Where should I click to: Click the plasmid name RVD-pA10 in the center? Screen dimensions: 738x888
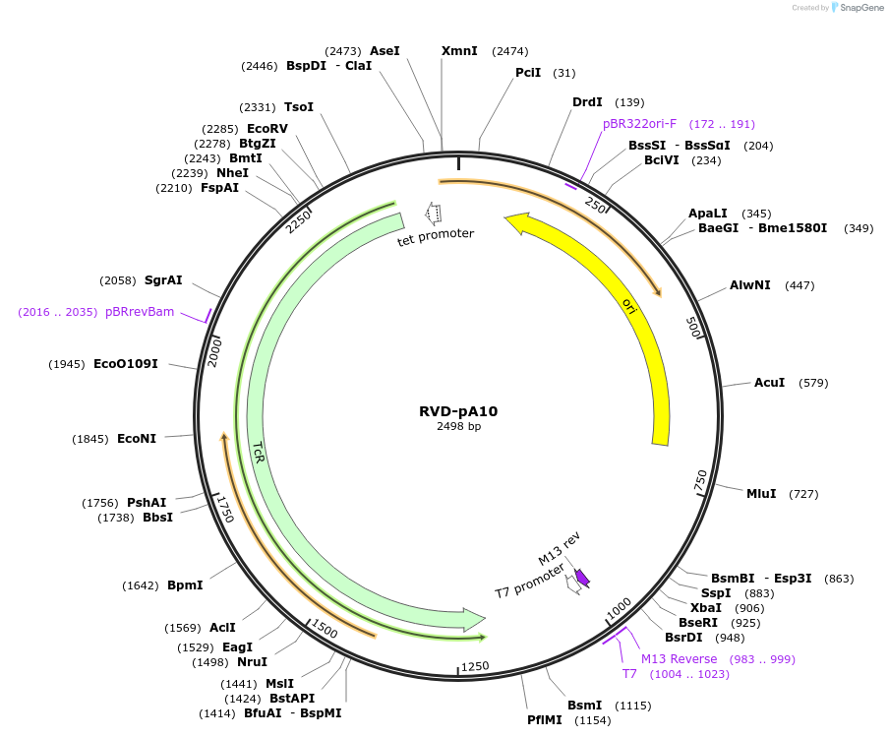(458, 411)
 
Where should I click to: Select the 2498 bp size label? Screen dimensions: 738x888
(458, 427)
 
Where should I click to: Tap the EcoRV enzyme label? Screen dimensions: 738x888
(267, 129)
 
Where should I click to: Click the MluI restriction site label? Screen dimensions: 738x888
(761, 494)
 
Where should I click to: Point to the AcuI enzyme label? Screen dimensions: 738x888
(769, 383)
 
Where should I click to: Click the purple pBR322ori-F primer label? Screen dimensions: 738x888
(639, 124)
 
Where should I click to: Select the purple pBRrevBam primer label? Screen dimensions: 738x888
(140, 312)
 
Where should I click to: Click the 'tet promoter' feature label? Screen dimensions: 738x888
(436, 234)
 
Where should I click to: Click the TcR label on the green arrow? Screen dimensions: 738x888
(258, 452)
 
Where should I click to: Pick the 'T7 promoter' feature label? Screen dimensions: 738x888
(529, 580)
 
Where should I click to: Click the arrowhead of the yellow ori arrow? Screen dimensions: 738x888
(516, 223)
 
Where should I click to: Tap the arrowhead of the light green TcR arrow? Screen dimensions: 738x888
(474, 620)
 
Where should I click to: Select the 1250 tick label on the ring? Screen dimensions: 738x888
(475, 666)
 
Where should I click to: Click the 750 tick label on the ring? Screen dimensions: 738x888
(701, 481)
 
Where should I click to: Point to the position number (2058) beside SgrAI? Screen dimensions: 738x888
(119, 280)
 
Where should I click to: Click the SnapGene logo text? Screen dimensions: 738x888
(861, 8)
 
